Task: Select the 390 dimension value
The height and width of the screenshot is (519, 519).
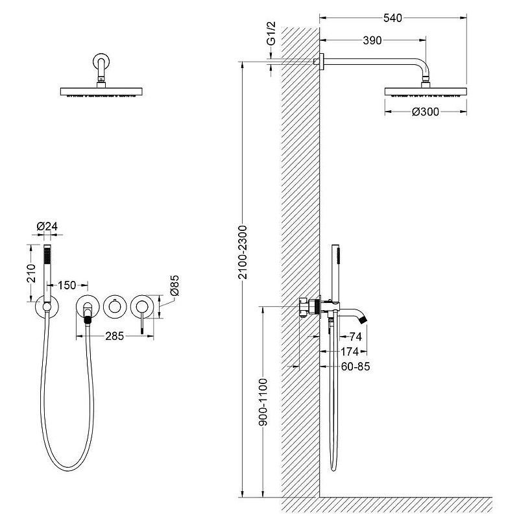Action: [x=372, y=40]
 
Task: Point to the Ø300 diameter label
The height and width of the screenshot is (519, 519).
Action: [x=426, y=112]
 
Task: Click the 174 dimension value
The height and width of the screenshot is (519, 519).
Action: [x=351, y=351]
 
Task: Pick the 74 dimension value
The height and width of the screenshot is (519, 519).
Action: [x=354, y=336]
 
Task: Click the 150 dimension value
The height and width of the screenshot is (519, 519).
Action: [x=67, y=285]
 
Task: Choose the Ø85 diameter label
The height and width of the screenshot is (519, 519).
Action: [x=175, y=286]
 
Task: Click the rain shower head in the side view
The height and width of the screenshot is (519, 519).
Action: [x=426, y=91]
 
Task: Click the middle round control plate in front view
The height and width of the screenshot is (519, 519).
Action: [x=115, y=306]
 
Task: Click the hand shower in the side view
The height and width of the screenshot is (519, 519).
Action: [x=335, y=272]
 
